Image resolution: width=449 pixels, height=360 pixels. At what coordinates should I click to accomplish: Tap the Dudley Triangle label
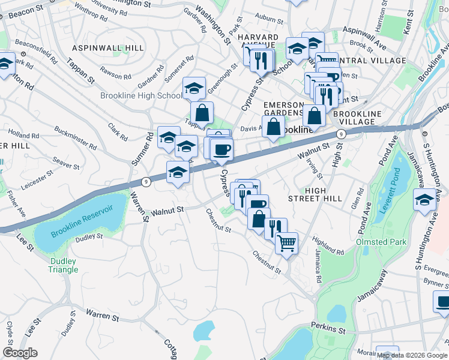[63, 265]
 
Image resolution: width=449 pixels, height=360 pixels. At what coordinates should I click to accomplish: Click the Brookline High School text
[142, 96]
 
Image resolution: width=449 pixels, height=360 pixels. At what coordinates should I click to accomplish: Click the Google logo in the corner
[20, 353]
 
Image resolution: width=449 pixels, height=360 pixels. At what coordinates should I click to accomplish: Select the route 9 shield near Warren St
[146, 181]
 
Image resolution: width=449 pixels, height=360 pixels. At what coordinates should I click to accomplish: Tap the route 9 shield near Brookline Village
[340, 134]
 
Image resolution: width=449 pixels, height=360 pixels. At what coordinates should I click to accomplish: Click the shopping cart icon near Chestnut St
[287, 243]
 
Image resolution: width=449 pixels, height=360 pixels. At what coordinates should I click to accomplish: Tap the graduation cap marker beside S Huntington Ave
[424, 199]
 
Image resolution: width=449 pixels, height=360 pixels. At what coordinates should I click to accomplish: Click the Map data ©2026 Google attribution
[412, 355]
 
